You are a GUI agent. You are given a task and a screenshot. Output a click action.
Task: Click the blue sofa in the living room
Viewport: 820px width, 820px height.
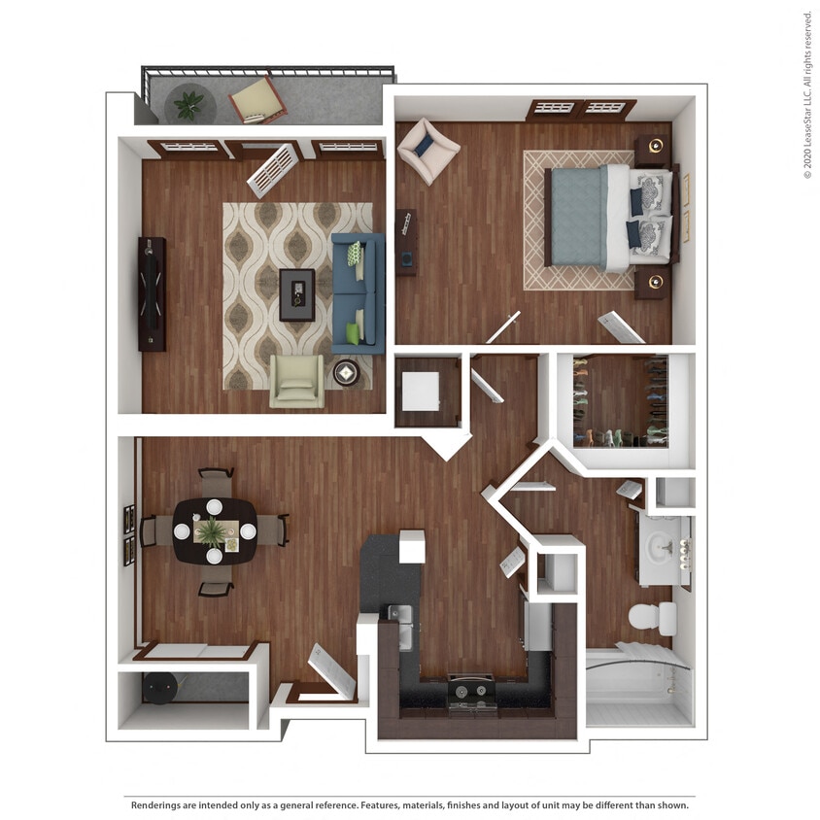[358, 292]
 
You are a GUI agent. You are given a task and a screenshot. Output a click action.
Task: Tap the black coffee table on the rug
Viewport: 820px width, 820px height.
[297, 294]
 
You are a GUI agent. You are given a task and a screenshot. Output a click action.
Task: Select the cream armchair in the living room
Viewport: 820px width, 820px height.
[297, 381]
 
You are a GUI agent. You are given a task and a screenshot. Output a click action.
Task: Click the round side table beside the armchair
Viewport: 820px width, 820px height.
[346, 373]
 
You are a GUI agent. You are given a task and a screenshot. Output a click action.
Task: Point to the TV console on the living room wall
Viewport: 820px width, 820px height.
[152, 293]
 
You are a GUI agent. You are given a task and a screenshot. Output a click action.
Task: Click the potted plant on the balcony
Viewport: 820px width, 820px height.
[188, 104]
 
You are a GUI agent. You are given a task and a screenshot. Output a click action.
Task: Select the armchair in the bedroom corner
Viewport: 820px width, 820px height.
[427, 150]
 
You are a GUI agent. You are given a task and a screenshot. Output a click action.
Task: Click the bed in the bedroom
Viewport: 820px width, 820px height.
[608, 217]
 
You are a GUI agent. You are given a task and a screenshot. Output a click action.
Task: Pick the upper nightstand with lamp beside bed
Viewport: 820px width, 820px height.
[654, 148]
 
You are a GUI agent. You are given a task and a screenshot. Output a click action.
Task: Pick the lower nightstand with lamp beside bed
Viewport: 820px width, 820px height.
[654, 283]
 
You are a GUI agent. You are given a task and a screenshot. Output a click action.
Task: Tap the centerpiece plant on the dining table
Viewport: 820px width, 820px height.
[213, 530]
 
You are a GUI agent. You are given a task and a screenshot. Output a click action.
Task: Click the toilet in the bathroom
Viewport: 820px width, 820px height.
[652, 617]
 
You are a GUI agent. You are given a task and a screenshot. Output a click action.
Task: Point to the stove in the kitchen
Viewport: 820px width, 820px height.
[470, 692]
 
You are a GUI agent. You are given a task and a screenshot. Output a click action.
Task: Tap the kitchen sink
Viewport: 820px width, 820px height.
[398, 614]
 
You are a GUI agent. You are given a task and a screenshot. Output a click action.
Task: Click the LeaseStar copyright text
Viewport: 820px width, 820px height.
[807, 94]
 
